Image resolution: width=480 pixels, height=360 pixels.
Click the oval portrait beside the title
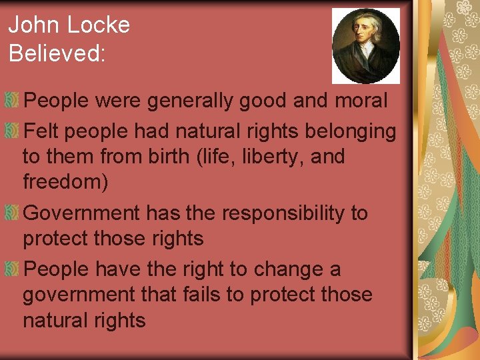pyautogui.click(x=366, y=45)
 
